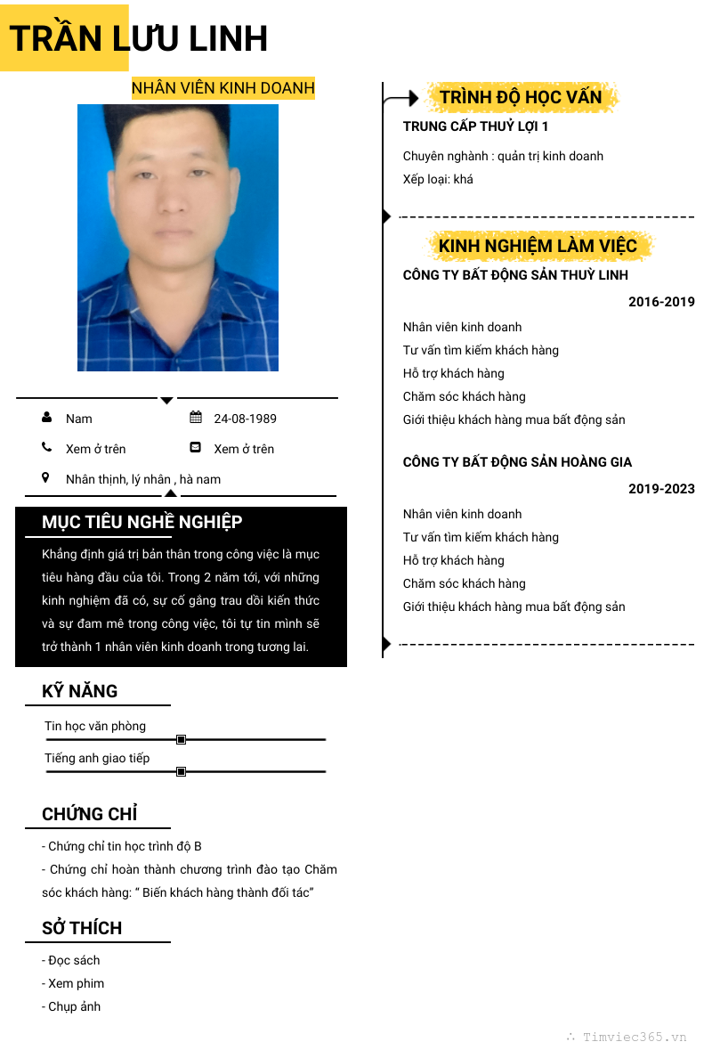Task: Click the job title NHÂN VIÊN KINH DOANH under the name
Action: click(223, 88)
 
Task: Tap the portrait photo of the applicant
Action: click(178, 238)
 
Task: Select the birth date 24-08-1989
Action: click(245, 419)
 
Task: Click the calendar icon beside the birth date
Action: click(196, 418)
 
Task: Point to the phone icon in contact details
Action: click(46, 448)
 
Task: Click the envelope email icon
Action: click(196, 448)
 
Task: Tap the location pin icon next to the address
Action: click(46, 478)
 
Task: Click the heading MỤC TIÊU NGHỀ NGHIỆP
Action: click(142, 522)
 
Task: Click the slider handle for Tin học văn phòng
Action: click(181, 739)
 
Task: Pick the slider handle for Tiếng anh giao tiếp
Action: click(181, 771)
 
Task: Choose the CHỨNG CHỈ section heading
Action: click(89, 814)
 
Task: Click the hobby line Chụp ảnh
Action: click(71, 1006)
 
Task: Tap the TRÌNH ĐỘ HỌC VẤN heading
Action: click(521, 97)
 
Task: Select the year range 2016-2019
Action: click(661, 302)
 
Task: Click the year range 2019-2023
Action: click(661, 489)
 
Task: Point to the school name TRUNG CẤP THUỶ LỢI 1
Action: click(475, 126)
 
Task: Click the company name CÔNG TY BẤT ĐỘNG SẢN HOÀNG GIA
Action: click(517, 462)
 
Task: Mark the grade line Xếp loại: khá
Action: click(438, 179)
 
